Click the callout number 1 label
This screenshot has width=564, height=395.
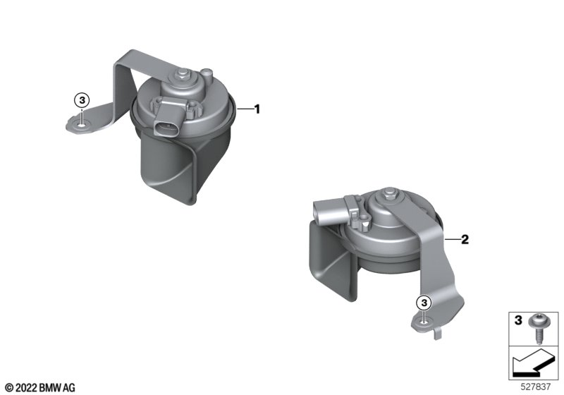257,109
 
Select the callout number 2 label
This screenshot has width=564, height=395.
465,239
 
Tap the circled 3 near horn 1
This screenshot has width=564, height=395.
82,100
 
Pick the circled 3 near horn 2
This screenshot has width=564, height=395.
424,303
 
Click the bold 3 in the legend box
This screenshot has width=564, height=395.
518,320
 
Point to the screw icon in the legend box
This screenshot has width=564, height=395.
537,329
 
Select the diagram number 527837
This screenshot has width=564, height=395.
536,387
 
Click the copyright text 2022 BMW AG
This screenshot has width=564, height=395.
40,388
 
